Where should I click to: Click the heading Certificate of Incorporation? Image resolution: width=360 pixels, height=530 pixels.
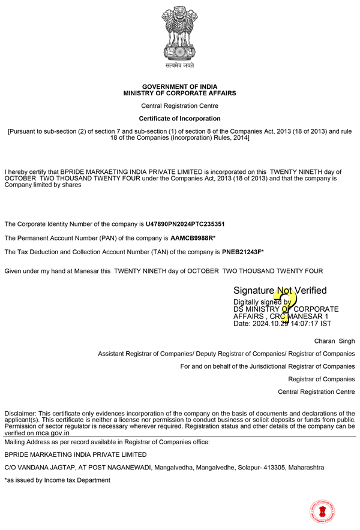click(x=179, y=119)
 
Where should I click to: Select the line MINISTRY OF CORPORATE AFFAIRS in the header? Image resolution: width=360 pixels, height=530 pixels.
click(x=179, y=94)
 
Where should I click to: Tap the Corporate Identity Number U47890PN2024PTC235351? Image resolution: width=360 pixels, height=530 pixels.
click(x=185, y=224)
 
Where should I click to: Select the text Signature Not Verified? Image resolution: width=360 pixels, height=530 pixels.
click(x=280, y=291)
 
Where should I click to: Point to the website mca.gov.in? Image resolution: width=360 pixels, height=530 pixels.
click(x=52, y=433)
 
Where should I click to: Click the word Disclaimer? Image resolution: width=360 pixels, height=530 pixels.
click(x=20, y=414)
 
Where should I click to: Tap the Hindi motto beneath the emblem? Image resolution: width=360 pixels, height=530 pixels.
click(x=179, y=65)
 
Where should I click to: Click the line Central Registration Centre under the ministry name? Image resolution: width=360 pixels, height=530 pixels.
click(x=179, y=106)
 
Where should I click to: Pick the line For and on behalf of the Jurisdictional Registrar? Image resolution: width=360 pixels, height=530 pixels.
click(x=268, y=366)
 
